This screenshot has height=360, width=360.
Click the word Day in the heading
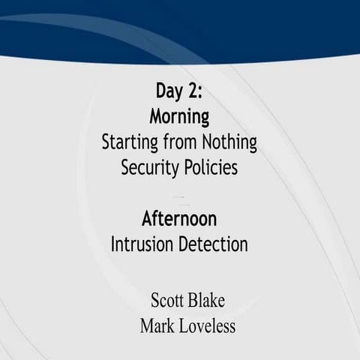click(x=169, y=92)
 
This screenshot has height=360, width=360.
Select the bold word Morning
click(x=179, y=117)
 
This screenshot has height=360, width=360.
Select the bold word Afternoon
click(x=179, y=220)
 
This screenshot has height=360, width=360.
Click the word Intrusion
click(x=142, y=244)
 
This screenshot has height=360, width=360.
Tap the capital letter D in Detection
click(x=182, y=244)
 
